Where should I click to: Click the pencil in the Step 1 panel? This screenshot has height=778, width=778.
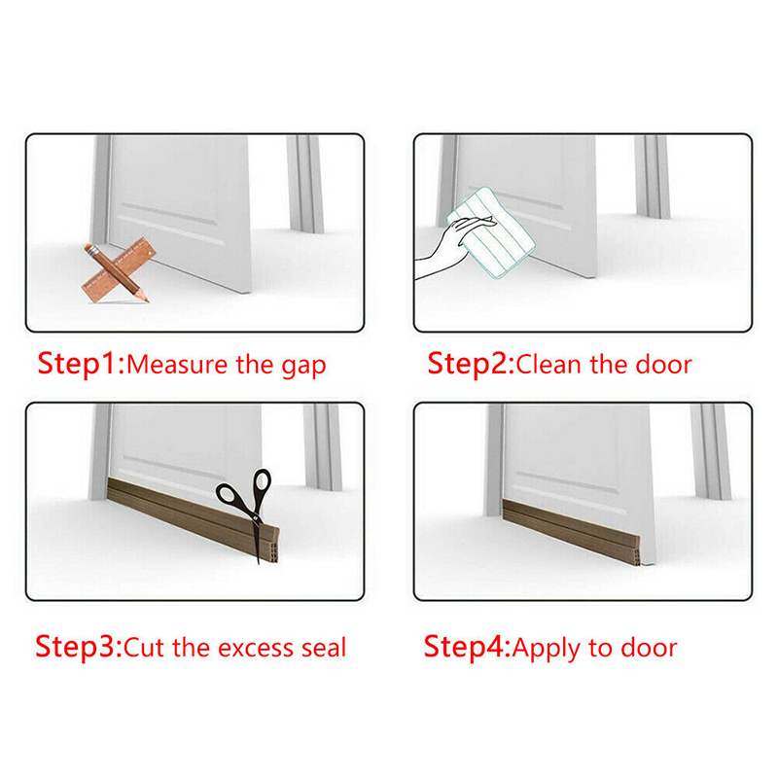tap(117, 272)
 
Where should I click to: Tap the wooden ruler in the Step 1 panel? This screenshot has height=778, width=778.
tap(119, 269)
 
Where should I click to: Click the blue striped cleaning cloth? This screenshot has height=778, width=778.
tap(491, 232)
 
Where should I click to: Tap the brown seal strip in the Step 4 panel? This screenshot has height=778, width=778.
tap(571, 532)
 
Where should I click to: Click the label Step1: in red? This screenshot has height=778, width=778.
tap(81, 364)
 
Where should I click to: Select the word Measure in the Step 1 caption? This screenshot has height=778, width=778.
tap(177, 365)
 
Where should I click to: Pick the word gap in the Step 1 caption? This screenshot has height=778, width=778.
tap(304, 368)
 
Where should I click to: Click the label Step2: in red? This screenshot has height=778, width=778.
tap(472, 364)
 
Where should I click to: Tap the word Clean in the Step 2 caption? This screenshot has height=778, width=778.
tap(548, 365)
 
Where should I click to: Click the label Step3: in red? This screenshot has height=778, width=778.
tap(79, 647)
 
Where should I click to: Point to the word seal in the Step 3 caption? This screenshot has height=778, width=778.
tap(324, 648)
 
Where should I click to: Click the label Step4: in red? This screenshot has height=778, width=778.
tap(467, 647)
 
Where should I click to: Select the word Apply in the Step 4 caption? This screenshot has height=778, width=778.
tap(547, 650)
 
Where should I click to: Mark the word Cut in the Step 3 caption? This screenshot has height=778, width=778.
tap(143, 648)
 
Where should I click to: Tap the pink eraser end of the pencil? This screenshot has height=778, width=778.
tap(88, 248)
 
